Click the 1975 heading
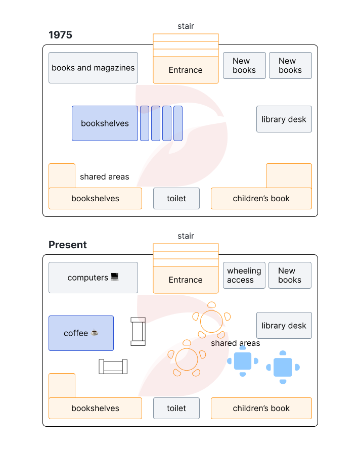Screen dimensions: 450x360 click(60, 35)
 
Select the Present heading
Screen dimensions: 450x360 click(68, 245)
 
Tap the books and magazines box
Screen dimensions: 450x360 click(93, 68)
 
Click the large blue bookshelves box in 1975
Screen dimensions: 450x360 click(105, 123)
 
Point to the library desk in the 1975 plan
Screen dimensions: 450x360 click(284, 119)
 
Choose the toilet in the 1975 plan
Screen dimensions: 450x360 click(176, 199)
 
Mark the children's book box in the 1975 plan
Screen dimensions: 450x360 click(261, 199)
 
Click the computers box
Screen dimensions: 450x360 click(93, 278)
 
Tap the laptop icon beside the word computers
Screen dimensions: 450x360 click(115, 277)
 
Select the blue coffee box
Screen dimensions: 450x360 click(81, 333)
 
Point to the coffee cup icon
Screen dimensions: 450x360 click(95, 333)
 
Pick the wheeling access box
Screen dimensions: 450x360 click(244, 276)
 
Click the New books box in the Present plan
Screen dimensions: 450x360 click(290, 276)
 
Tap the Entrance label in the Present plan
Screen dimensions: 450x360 click(186, 280)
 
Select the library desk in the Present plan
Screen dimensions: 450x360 click(284, 326)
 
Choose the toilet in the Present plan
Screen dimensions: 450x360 click(176, 409)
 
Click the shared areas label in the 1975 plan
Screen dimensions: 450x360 click(104, 177)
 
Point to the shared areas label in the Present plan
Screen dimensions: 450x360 click(236, 343)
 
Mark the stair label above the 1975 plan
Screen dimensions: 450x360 click(186, 26)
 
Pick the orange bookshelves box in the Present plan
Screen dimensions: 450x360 click(95, 409)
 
